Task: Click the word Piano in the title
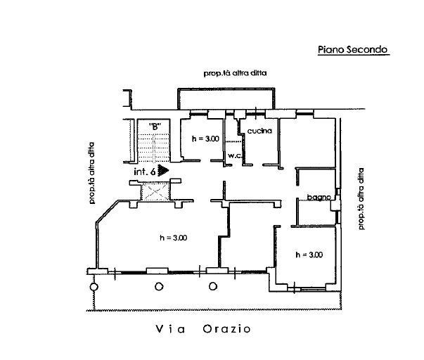point(330,50)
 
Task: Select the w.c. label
point(233,156)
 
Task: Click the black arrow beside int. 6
point(165,170)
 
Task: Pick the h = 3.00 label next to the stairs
point(206,139)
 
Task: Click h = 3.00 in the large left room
point(173,238)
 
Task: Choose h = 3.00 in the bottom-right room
point(309,255)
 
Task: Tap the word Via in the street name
point(168,329)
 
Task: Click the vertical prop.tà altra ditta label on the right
point(361,198)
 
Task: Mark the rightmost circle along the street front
point(213,286)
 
